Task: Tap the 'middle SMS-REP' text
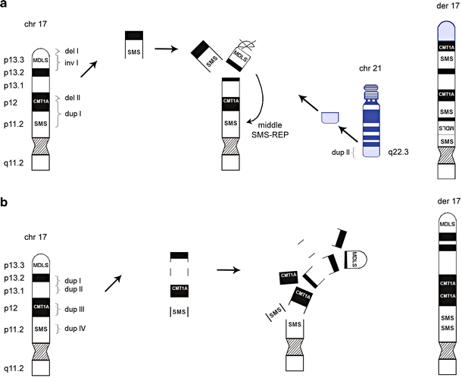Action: (x=273, y=130)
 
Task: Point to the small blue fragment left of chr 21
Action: (x=330, y=117)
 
